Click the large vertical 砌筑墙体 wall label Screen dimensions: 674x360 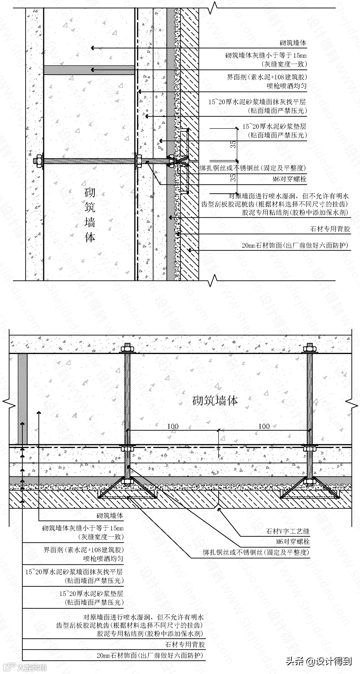pyautogui.click(x=89, y=215)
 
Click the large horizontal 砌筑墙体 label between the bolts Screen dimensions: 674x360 pyautogui.click(x=215, y=400)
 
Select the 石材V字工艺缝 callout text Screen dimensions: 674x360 pyautogui.click(x=288, y=531)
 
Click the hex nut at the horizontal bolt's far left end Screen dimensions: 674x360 pyautogui.click(x=39, y=161)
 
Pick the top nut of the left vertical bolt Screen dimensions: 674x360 pyautogui.click(x=128, y=349)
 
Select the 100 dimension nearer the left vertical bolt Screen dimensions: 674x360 pyautogui.click(x=173, y=426)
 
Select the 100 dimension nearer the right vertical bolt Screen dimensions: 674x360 pyautogui.click(x=264, y=426)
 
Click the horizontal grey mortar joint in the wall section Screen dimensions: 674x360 pyautogui.click(x=89, y=70)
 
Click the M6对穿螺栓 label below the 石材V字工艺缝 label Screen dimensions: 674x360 pyautogui.click(x=293, y=541)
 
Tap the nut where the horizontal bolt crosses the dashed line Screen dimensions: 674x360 pyautogui.click(x=138, y=161)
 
